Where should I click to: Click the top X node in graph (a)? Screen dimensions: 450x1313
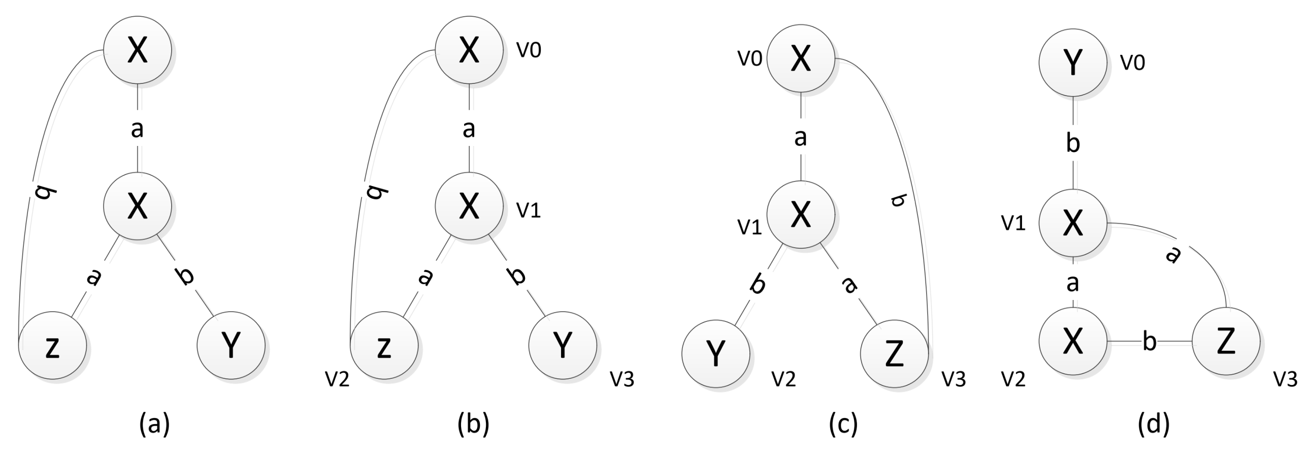(x=137, y=50)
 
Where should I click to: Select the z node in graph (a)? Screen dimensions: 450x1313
(x=52, y=346)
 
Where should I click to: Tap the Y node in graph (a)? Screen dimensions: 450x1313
(x=231, y=346)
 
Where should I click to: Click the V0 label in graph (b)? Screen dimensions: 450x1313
(x=529, y=50)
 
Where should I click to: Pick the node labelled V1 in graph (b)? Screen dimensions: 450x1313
(x=469, y=206)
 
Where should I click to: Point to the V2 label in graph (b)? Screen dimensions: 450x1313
(x=337, y=379)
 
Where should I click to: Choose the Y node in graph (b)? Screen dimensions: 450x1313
(x=562, y=346)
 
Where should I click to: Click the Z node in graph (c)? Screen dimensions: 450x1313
(x=894, y=353)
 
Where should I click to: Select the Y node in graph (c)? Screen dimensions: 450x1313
(x=715, y=353)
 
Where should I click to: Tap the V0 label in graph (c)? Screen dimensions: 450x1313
(x=750, y=59)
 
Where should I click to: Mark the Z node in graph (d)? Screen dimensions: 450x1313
(x=1226, y=341)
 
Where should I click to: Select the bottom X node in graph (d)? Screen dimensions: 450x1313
(x=1073, y=341)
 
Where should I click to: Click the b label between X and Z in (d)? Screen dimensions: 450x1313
(x=1150, y=341)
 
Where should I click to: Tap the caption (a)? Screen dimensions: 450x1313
(x=154, y=424)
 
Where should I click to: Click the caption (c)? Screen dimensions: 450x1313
(x=843, y=424)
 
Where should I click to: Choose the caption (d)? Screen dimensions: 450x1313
(x=1154, y=424)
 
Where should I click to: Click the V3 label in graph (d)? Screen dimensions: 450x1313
(x=1285, y=379)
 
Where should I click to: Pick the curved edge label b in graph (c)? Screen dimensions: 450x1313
(x=898, y=200)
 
